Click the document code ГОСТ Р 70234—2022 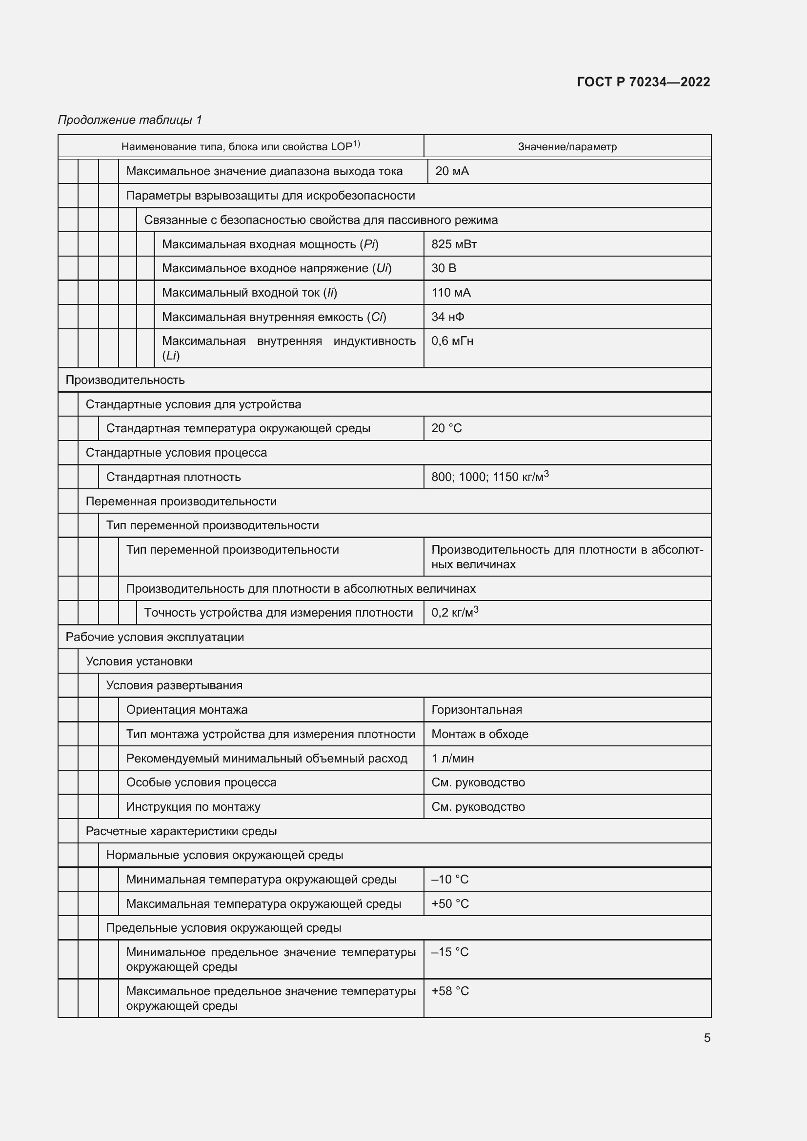[x=643, y=82]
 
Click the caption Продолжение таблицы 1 [x=130, y=120]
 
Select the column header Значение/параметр [x=567, y=147]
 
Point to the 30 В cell [x=443, y=268]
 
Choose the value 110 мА [x=451, y=293]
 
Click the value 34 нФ [x=448, y=317]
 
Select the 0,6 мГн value [x=452, y=341]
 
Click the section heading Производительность [x=125, y=380]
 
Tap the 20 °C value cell [x=446, y=428]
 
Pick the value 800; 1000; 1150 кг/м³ [x=489, y=477]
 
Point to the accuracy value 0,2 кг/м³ [x=454, y=613]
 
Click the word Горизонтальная [x=477, y=710]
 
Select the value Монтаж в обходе [x=480, y=734]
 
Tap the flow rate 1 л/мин [x=452, y=759]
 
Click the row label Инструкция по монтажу [x=193, y=807]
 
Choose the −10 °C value [x=450, y=880]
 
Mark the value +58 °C [x=450, y=991]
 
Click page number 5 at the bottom [x=706, y=1038]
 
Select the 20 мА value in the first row [x=452, y=171]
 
